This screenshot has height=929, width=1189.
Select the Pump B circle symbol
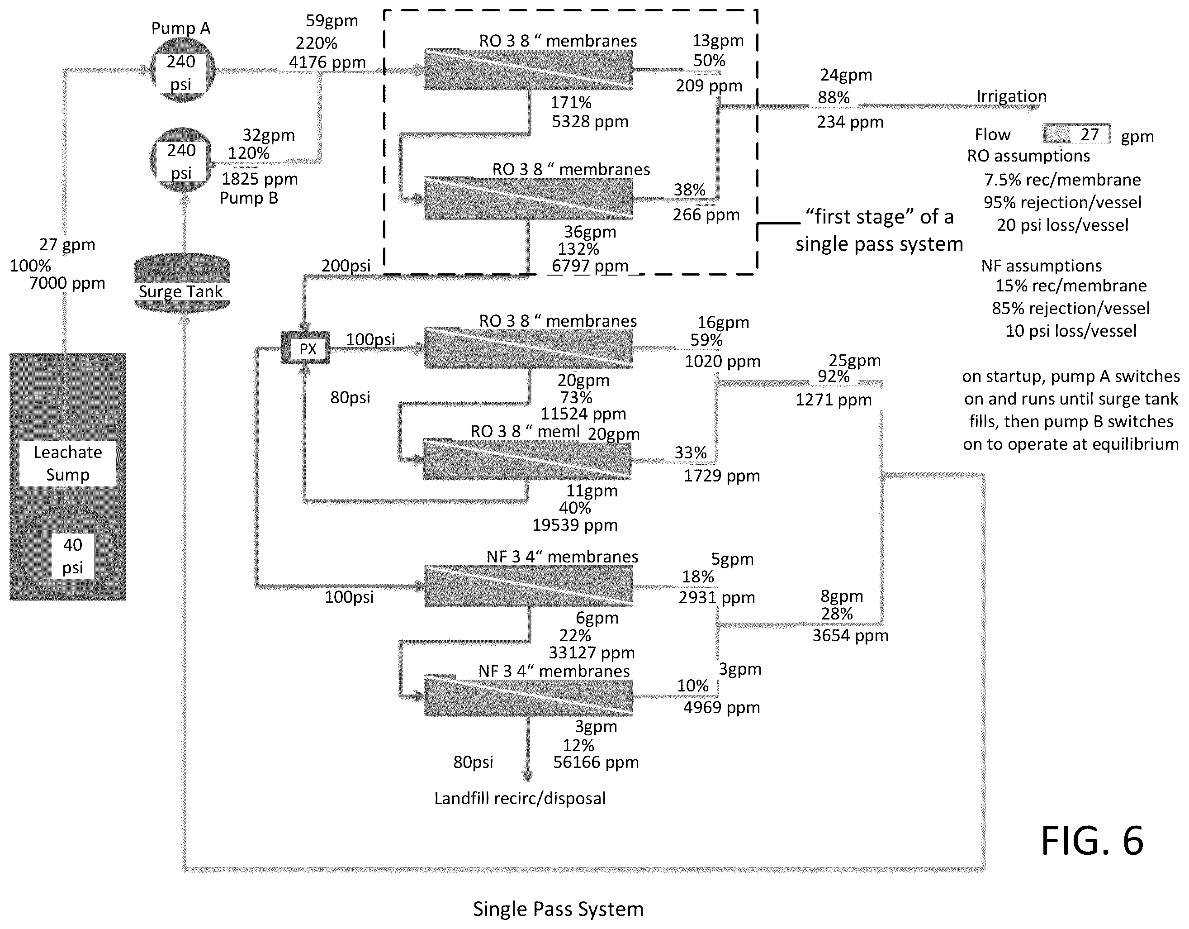click(181, 160)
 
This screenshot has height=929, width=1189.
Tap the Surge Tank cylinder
click(182, 282)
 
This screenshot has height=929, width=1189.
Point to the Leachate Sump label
click(67, 463)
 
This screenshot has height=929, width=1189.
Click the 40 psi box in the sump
click(72, 556)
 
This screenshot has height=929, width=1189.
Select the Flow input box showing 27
click(1077, 134)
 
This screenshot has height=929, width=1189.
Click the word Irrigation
click(1011, 96)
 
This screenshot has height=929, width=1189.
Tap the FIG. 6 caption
click(1092, 841)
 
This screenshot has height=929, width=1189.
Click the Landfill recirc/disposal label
click(520, 798)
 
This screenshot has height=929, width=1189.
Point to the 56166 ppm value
click(596, 762)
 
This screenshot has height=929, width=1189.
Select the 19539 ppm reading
click(575, 525)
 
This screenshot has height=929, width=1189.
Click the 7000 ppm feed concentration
click(67, 283)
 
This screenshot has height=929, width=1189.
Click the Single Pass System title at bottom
click(558, 909)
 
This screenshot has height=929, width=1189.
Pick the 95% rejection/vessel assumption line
click(1062, 202)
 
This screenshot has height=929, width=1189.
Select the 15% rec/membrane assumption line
click(1071, 286)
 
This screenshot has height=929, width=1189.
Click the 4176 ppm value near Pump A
click(327, 62)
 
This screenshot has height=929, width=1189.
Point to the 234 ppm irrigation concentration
click(850, 122)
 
